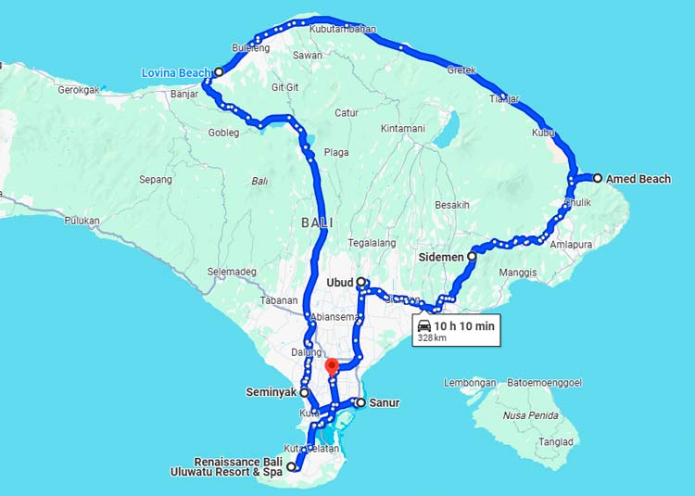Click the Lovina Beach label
point(176,72)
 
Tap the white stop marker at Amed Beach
point(598,178)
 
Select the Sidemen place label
point(440,255)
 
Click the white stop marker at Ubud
point(360,282)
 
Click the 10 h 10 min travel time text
point(465,325)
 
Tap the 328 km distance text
point(432,338)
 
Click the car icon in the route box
point(424,325)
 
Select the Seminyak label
point(271,392)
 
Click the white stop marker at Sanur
point(360,402)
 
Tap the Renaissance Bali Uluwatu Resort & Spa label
point(237,467)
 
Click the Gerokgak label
point(78,90)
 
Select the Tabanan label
point(279,300)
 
